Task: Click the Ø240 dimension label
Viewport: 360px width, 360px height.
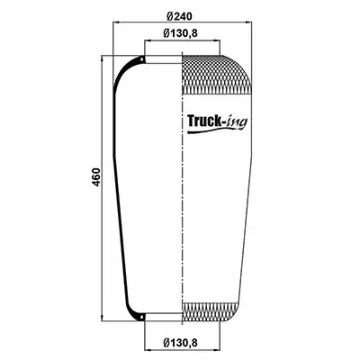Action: (179, 16)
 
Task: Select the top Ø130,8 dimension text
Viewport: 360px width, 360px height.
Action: (181, 33)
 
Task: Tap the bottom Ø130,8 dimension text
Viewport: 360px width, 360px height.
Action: (181, 342)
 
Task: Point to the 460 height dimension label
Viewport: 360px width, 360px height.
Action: (96, 177)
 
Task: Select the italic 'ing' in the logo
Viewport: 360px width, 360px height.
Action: (237, 122)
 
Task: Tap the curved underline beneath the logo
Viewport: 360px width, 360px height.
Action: (217, 131)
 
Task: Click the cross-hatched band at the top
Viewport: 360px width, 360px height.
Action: (217, 75)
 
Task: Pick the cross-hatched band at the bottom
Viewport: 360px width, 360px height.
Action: (210, 312)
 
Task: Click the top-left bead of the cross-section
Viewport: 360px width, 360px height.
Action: (142, 59)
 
